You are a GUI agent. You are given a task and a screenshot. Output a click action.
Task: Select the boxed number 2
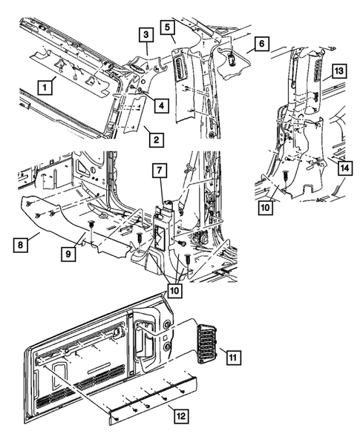pyautogui.click(x=154, y=139)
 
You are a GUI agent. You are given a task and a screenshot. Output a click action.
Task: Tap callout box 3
pyautogui.click(x=146, y=34)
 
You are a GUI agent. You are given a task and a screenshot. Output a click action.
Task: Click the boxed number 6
pyautogui.click(x=261, y=45)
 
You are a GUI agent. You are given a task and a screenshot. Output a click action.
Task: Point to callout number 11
pyautogui.click(x=233, y=358)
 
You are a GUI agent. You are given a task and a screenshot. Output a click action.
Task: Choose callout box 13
pyautogui.click(x=338, y=71)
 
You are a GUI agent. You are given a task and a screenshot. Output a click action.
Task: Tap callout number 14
pyautogui.click(x=343, y=168)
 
